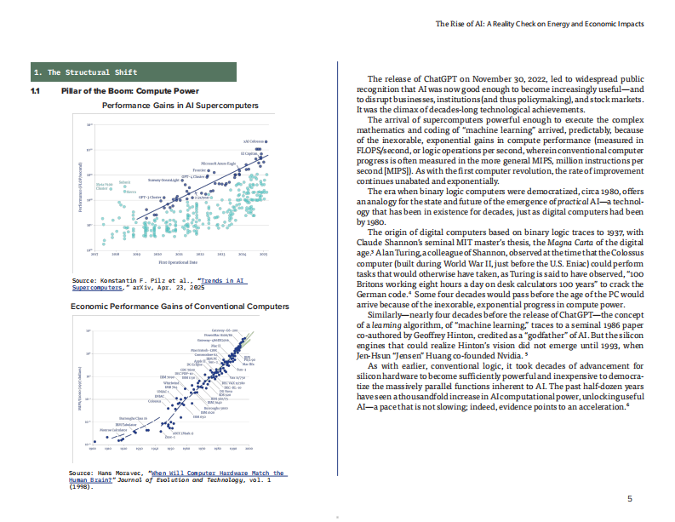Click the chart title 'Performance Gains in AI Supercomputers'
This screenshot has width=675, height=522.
(180, 106)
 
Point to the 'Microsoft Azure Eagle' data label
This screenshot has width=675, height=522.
(218, 162)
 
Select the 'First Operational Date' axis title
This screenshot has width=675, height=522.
(179, 265)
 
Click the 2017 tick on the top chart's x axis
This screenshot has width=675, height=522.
(94, 254)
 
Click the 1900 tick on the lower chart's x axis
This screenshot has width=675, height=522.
(94, 448)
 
